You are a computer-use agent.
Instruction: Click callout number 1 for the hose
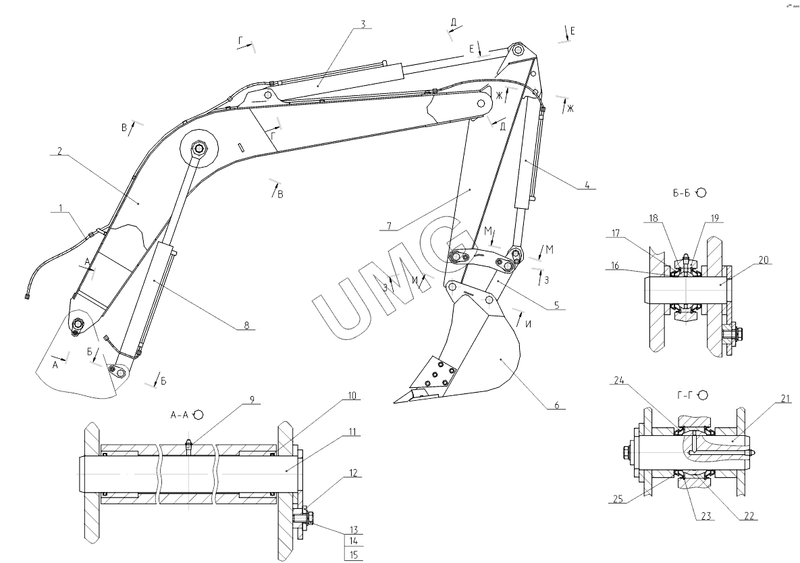tap(61, 208)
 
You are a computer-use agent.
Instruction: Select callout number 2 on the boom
tap(59, 151)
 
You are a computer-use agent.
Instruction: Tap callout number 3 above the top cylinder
tap(363, 24)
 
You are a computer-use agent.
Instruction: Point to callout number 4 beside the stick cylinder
tap(587, 185)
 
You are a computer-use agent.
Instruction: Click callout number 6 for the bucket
tap(557, 405)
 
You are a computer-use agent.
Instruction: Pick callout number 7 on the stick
tap(389, 225)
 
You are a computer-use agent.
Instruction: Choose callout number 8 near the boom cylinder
tap(246, 325)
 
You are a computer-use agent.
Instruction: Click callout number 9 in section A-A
tap(252, 399)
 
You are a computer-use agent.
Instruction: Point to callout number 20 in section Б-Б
tap(764, 260)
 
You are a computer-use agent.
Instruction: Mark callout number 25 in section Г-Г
tap(618, 499)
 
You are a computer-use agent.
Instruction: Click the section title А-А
tap(179, 415)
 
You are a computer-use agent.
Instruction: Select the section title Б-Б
tap(682, 193)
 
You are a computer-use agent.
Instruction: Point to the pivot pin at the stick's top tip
tap(517, 50)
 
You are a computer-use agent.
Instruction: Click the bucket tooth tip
tap(394, 402)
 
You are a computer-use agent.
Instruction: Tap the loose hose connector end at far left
tap(26, 296)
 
